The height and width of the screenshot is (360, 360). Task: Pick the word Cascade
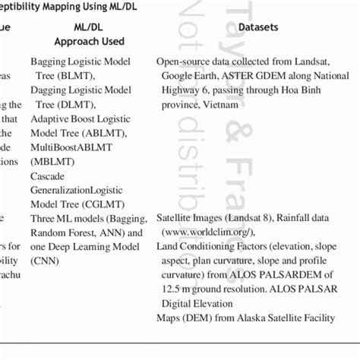point(48,175)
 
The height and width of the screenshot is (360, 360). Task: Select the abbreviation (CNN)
point(46,260)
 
